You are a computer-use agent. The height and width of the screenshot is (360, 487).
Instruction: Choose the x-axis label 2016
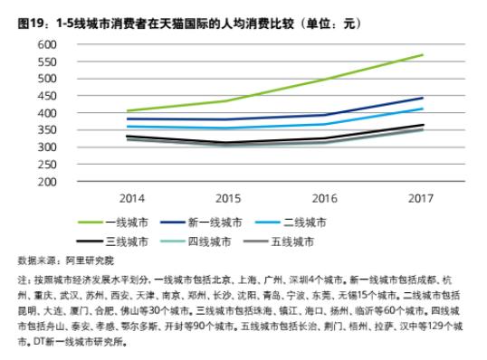[x=324, y=196]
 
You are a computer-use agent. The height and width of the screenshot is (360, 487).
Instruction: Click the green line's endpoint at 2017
[x=422, y=55]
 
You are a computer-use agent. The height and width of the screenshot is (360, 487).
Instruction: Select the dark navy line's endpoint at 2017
[x=422, y=98]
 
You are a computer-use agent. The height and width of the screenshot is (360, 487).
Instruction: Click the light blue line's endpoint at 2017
[x=422, y=109]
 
